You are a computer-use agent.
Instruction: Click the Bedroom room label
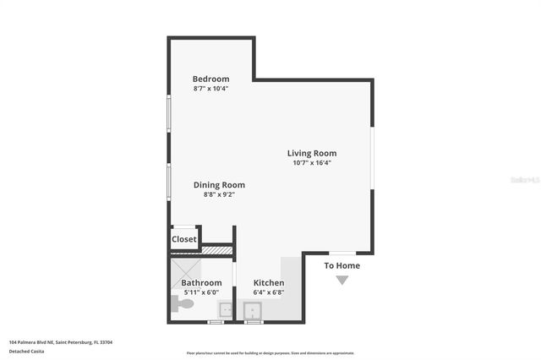(x=210, y=79)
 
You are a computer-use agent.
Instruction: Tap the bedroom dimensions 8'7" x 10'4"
(x=210, y=88)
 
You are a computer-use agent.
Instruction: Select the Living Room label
(x=312, y=153)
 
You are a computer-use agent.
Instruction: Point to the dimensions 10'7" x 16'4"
(x=312, y=162)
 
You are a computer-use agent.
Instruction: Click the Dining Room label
(x=219, y=185)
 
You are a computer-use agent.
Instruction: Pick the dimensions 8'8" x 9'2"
(x=219, y=194)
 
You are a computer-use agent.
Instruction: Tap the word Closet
(x=184, y=239)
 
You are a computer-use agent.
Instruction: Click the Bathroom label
(x=201, y=283)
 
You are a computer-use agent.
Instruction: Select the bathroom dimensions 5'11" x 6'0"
(x=201, y=292)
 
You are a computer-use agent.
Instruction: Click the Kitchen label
(x=269, y=283)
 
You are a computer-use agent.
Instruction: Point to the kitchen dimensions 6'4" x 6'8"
(x=269, y=292)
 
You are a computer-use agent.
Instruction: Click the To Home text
(x=342, y=265)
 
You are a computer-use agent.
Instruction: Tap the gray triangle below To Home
(x=342, y=280)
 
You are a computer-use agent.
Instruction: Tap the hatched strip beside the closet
(x=216, y=249)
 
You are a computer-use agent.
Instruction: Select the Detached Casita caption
(x=27, y=350)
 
